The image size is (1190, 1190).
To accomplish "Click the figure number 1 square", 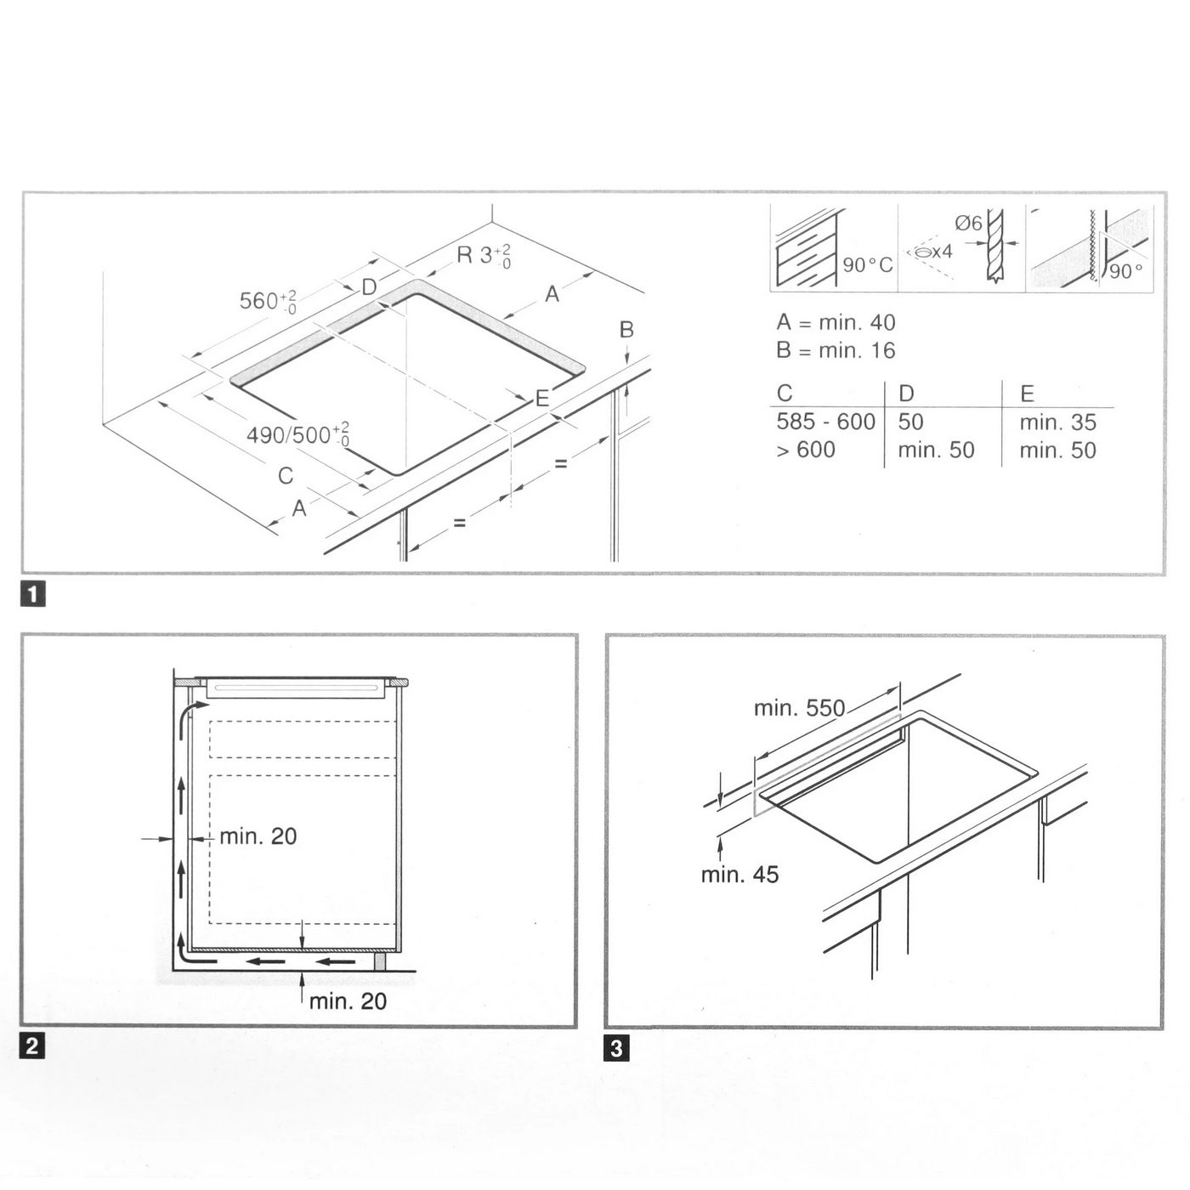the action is [32, 595].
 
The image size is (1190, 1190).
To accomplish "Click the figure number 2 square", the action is [32, 1045].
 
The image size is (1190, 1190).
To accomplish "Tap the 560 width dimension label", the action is [268, 302].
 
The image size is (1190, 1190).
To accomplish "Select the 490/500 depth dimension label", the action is [298, 434].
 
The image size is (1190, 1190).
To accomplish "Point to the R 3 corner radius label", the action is [484, 256].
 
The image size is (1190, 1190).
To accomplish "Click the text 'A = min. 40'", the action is [836, 322].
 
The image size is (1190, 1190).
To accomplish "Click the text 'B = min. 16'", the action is [836, 351].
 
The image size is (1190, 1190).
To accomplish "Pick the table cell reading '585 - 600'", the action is [825, 422].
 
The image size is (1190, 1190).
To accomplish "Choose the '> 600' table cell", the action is [806, 450].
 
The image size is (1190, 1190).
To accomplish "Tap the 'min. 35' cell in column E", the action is [1058, 422].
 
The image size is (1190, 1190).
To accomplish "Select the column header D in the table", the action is [907, 394].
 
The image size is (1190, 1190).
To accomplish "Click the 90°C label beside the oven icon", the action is [868, 265].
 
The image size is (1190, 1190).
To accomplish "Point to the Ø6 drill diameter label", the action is [968, 223].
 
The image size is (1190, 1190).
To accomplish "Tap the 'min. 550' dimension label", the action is [799, 708].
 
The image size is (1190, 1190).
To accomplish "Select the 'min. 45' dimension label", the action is [739, 875].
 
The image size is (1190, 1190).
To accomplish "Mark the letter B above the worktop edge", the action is [626, 330].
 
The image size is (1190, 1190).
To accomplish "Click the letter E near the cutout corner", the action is [542, 399].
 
